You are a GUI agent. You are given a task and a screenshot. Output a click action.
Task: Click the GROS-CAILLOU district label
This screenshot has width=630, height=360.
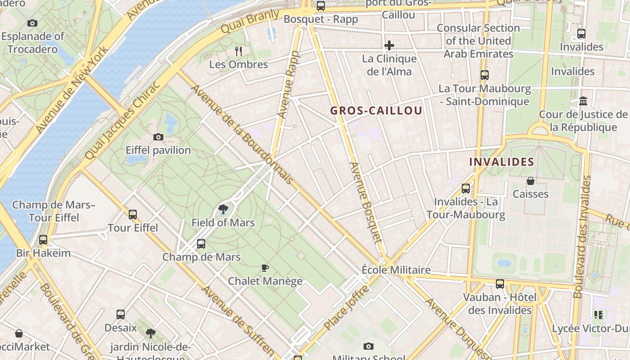376,111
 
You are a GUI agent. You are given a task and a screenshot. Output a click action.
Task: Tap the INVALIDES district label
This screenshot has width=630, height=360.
502,162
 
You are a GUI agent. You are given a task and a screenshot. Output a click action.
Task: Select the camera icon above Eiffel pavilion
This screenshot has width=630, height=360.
158,137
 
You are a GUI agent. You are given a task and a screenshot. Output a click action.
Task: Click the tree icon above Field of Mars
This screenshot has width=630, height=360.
223,209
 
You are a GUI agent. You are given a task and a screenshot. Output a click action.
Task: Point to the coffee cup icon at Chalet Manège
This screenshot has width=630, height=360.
265,268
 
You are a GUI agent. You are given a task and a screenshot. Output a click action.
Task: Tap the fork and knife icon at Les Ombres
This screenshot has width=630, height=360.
238,51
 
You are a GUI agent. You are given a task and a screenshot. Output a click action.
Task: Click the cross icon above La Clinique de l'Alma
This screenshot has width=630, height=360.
389,45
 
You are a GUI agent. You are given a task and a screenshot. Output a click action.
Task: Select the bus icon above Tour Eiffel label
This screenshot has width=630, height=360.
133,215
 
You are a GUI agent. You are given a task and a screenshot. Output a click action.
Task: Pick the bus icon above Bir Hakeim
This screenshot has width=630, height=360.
43,240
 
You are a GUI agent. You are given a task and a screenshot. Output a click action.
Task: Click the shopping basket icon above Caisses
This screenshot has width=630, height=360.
531,181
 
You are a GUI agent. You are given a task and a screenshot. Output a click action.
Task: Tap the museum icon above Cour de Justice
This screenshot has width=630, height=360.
584,101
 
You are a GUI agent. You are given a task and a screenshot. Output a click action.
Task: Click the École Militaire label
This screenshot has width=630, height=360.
396,270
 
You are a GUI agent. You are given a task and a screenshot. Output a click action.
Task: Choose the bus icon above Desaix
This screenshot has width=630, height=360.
121,314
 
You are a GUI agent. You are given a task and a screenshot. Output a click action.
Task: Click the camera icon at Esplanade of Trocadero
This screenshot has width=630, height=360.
32,23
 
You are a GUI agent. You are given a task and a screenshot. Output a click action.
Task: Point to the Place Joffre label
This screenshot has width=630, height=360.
347,307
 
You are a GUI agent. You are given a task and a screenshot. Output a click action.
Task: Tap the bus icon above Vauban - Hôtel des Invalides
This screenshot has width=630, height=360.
500,284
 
